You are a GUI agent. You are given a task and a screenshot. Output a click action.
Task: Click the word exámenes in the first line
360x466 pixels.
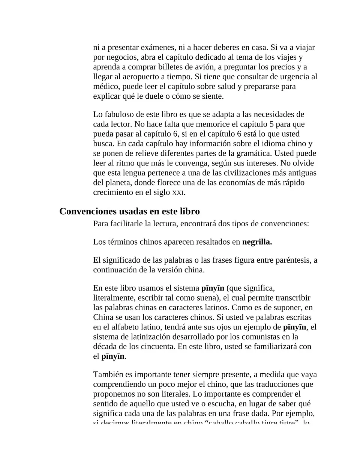(x=157, y=48)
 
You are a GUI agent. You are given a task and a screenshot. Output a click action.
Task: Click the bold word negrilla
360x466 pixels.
(x=257, y=242)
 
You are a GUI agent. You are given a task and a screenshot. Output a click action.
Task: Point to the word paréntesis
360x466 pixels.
(x=291, y=260)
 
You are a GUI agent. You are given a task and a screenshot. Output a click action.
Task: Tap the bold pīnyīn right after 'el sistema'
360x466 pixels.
(x=213, y=288)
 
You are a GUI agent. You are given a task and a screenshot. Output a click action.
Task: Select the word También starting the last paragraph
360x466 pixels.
(x=108, y=374)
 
